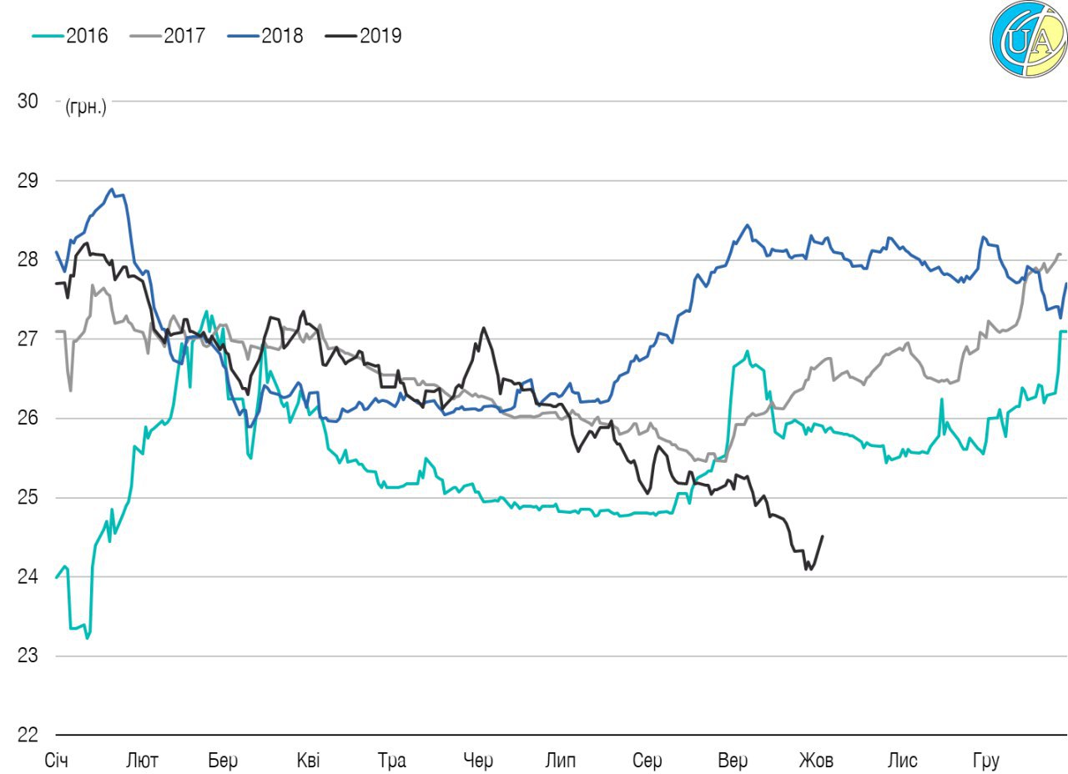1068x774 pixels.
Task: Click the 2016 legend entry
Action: (71, 36)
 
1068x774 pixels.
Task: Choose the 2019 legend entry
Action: (365, 36)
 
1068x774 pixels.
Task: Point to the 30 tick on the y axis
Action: (28, 101)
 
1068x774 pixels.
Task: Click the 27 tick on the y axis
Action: (28, 339)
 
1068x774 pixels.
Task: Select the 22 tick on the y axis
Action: (28, 735)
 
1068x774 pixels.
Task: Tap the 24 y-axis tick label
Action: (28, 576)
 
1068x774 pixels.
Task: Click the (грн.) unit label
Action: (86, 107)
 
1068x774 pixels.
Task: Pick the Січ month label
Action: (56, 761)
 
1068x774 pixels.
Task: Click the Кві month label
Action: (307, 761)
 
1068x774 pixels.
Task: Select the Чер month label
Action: (478, 761)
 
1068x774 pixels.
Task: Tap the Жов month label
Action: (816, 761)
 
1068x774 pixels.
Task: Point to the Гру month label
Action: (986, 761)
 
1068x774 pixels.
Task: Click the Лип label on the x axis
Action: (560, 761)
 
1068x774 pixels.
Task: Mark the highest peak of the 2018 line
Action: (112, 189)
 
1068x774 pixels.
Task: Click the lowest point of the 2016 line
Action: (87, 638)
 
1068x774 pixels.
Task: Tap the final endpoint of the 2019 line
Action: (823, 536)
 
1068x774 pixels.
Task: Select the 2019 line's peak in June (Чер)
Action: (483, 328)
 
